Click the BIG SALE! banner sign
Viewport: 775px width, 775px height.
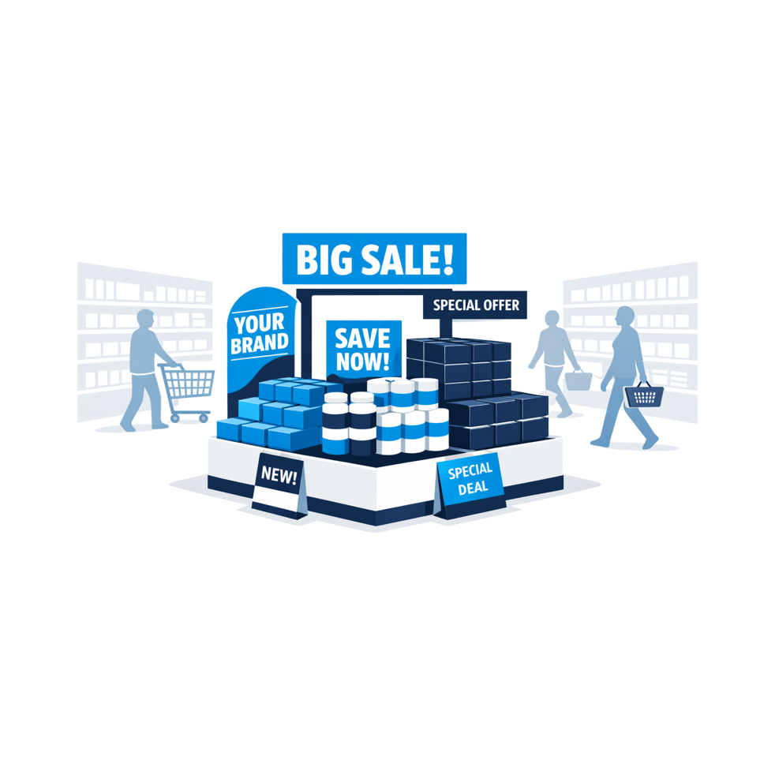[x=374, y=259]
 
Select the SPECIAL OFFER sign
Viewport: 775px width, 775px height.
[x=475, y=305]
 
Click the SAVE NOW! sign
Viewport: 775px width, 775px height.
[x=363, y=349]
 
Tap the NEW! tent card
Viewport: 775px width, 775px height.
[x=279, y=485]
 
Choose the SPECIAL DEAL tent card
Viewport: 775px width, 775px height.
[x=470, y=485]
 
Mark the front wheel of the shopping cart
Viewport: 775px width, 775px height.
[x=203, y=418]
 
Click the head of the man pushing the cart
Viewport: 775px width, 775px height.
[x=146, y=319]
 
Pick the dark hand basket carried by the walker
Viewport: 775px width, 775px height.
[x=643, y=395]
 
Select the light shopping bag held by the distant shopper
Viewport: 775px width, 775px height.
[x=578, y=380]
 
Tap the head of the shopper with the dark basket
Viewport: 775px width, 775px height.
[x=625, y=316]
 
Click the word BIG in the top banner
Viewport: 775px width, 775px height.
[x=325, y=260]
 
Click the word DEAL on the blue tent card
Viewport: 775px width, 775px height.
[x=473, y=489]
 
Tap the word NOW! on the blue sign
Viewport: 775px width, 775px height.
[x=363, y=361]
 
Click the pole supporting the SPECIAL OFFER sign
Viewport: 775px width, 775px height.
[x=446, y=328]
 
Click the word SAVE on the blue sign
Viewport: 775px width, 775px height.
[x=363, y=339]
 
